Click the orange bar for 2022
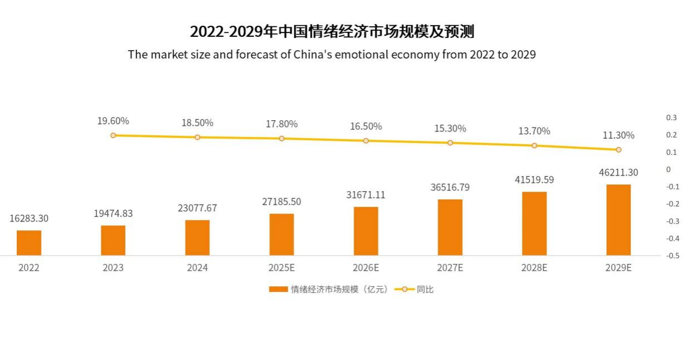tap(29, 243)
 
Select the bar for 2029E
tap(618, 220)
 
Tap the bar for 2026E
tap(366, 231)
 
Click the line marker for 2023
tap(113, 135)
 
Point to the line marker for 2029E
tap(618, 150)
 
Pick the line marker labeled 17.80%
tap(282, 139)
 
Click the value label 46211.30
tap(618, 173)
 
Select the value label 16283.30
tap(29, 219)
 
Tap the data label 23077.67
tap(197, 208)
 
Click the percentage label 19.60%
tap(113, 121)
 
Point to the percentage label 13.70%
tap(534, 131)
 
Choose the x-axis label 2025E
tap(282, 268)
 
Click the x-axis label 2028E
tap(534, 268)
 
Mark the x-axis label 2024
tap(197, 268)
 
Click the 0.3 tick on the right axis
tap(671, 117)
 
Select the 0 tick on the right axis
tap(668, 169)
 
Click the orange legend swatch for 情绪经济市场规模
tap(278, 290)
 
